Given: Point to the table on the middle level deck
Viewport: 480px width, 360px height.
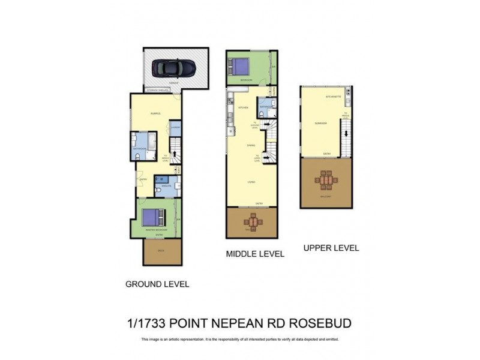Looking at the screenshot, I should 253,222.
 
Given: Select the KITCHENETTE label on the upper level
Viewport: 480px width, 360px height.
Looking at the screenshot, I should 333,96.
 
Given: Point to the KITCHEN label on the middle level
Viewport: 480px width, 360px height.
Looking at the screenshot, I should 243,107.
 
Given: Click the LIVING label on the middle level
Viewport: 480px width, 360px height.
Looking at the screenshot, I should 252,182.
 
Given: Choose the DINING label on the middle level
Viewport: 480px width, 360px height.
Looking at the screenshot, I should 251,145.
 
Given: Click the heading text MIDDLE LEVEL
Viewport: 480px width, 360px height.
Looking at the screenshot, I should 254,254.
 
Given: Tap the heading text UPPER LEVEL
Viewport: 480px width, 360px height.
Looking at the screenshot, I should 331,248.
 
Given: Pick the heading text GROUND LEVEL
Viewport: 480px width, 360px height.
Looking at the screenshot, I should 157,284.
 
